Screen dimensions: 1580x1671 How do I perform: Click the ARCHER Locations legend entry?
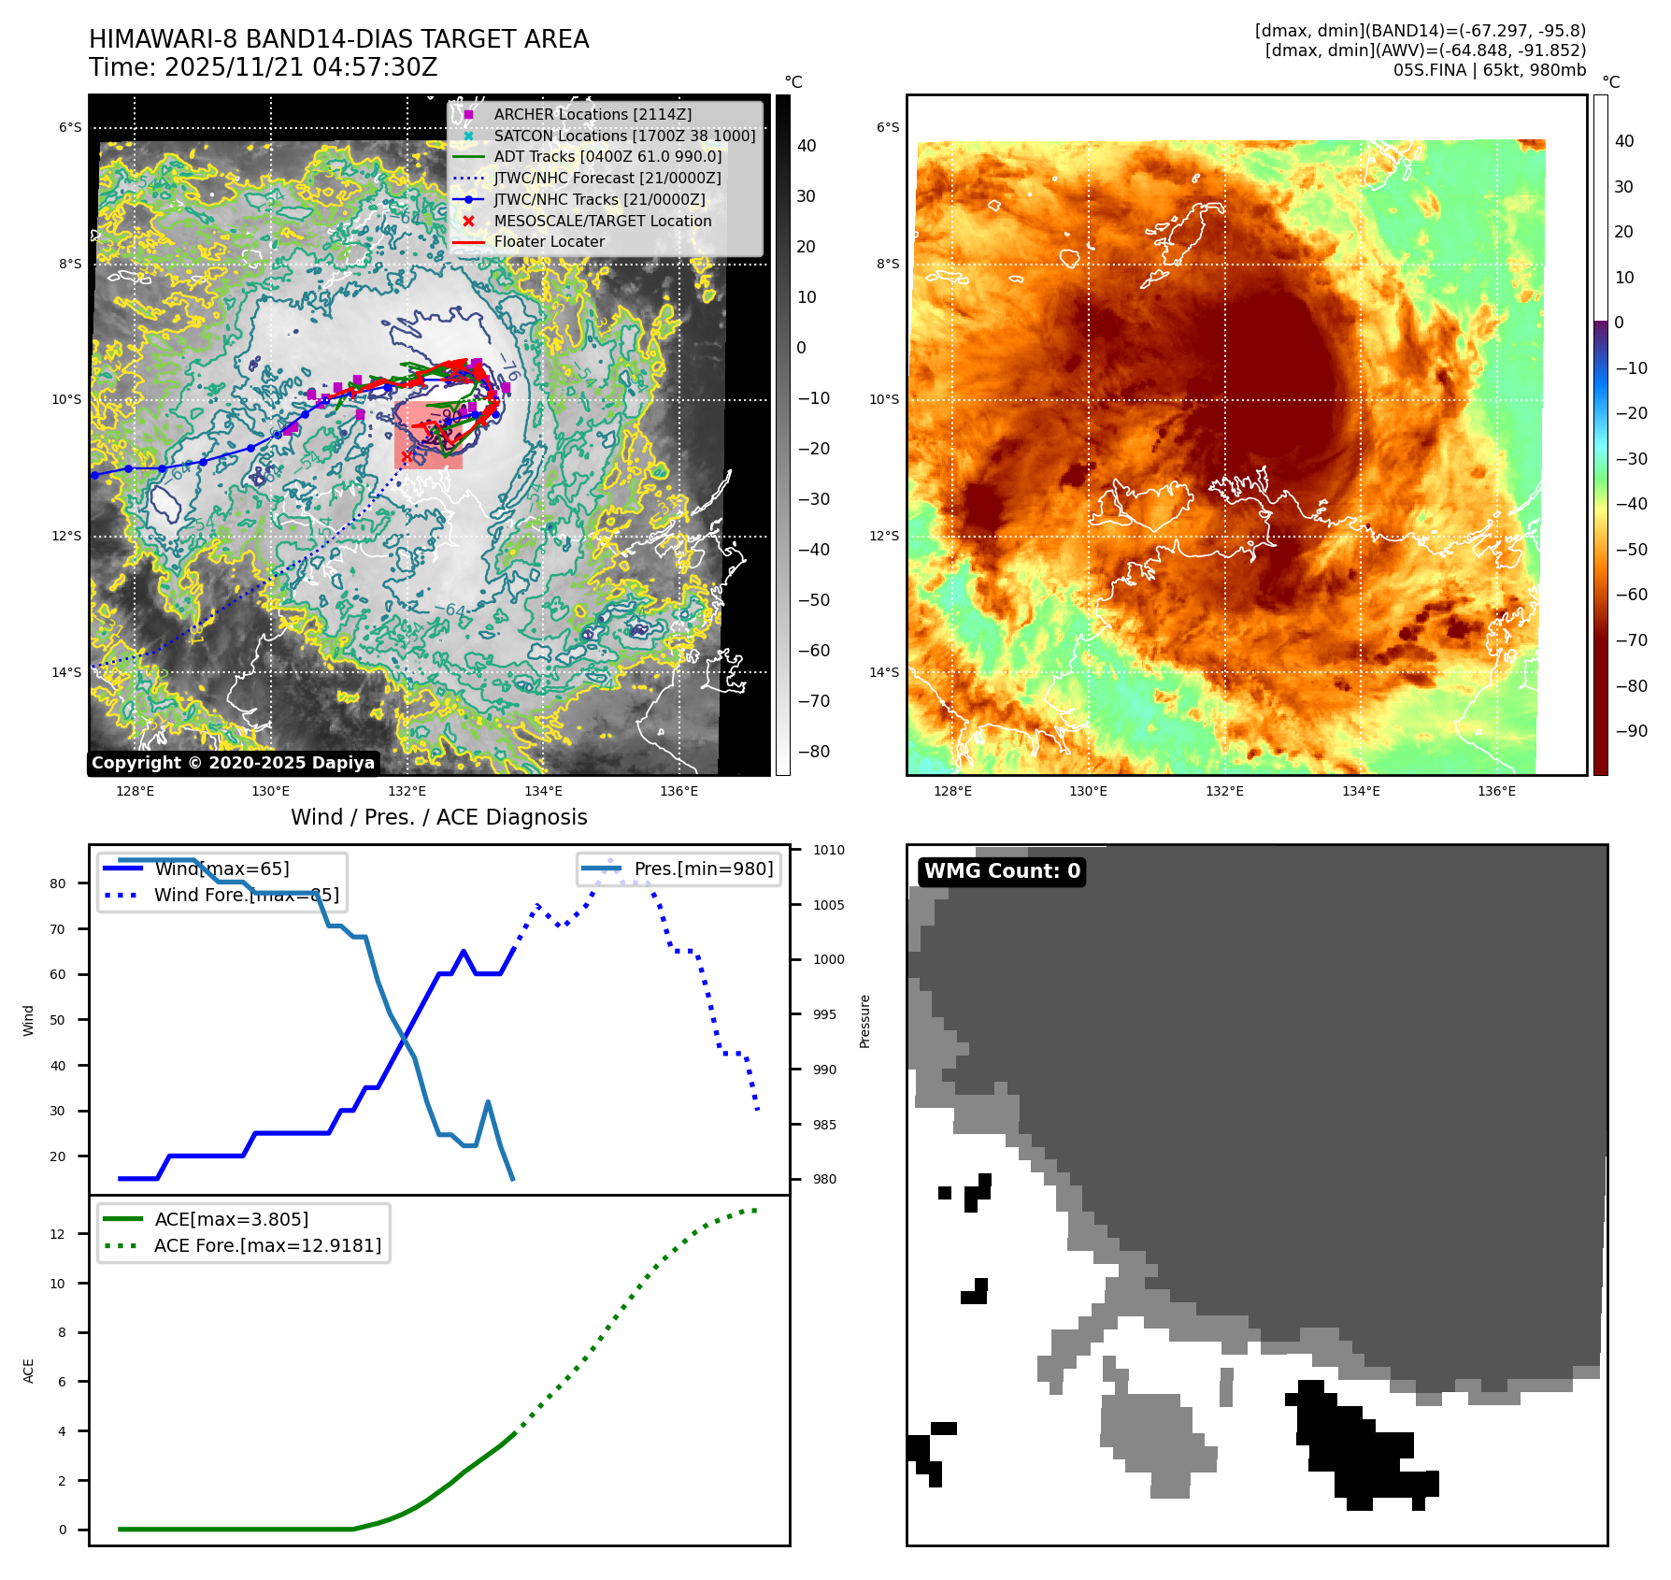pos(593,114)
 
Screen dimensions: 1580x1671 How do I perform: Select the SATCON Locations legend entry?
pos(624,136)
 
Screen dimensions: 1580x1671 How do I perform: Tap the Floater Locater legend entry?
pos(549,241)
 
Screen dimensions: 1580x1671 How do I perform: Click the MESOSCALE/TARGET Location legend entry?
pos(602,221)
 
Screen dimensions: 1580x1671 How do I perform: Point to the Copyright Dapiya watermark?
pos(233,763)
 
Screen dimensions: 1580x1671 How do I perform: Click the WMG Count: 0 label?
pos(1002,871)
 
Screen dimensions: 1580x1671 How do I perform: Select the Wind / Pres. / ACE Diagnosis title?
pos(439,817)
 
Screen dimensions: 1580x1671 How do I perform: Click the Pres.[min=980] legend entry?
pos(703,869)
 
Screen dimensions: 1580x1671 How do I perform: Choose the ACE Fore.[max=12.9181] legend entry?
pos(267,1245)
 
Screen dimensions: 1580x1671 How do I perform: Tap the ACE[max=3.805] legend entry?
pos(231,1219)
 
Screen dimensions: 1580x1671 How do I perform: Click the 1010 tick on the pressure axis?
pos(828,850)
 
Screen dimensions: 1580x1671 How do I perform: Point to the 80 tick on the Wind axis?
pos(58,883)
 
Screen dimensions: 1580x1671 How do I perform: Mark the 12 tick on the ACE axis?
pos(58,1234)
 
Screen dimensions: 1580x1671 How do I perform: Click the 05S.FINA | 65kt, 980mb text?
pos(1489,70)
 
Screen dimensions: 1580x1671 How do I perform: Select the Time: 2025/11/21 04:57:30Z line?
pos(263,67)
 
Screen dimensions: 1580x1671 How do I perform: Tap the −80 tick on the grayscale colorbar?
pos(813,752)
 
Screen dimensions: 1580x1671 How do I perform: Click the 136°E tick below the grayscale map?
pos(678,791)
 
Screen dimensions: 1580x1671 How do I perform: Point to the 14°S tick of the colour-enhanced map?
pos(883,672)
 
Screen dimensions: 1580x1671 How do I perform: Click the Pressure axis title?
pos(865,1021)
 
